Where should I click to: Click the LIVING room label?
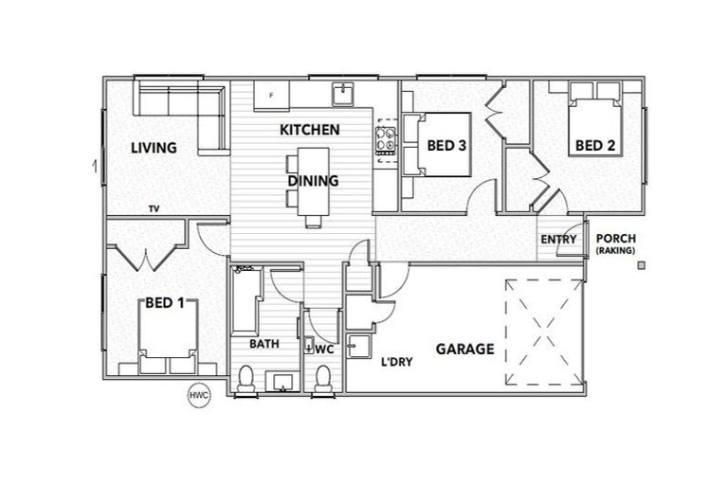point(154,148)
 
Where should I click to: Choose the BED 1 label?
point(164,303)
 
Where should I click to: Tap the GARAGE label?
point(464,349)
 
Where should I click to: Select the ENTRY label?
point(558,240)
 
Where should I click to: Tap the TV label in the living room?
point(153,208)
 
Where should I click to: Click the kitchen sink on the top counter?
point(341,93)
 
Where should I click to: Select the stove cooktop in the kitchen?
point(386,138)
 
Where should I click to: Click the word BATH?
point(264,344)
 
